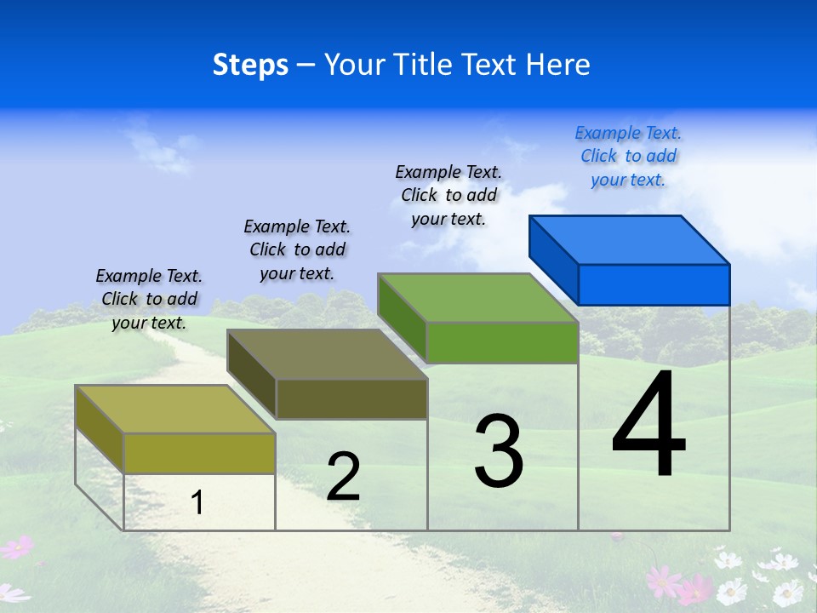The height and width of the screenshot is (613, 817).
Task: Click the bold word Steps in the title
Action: (250, 65)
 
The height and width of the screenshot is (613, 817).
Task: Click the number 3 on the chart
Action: (499, 452)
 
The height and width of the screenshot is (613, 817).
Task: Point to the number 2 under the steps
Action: (343, 477)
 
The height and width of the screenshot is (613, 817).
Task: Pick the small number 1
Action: (197, 502)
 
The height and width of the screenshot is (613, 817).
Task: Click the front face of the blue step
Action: (654, 284)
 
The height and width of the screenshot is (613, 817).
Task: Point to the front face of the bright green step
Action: (502, 342)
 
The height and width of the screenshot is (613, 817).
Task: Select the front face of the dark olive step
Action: (351, 398)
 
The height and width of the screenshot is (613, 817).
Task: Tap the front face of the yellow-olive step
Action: (199, 453)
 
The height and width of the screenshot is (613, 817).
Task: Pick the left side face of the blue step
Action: (554, 255)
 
